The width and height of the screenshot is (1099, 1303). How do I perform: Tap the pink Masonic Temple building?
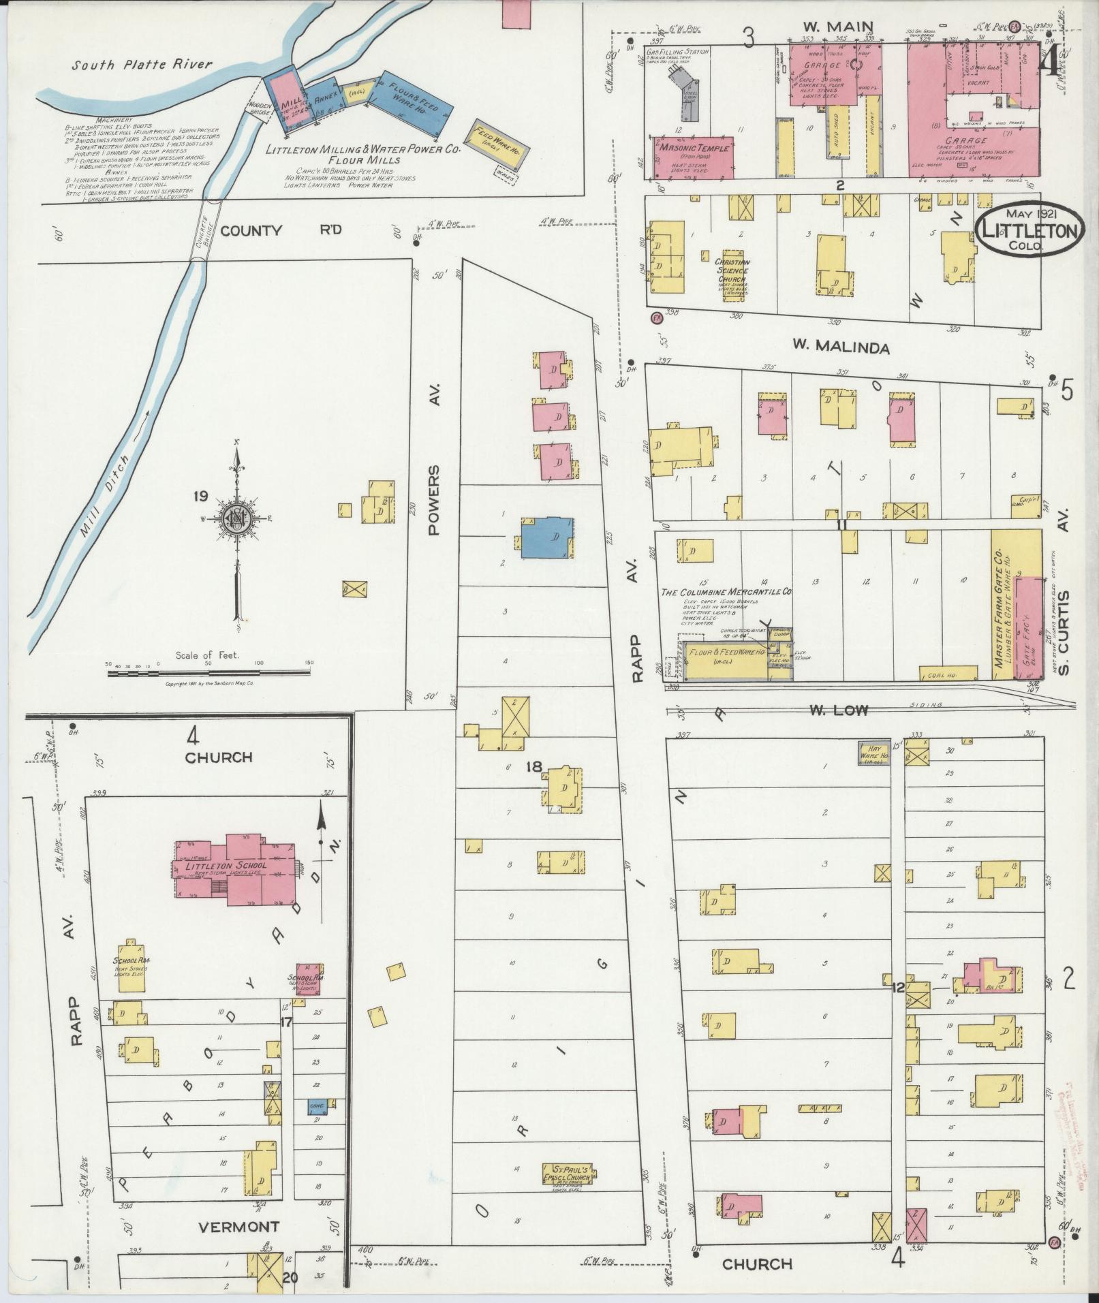pos(694,157)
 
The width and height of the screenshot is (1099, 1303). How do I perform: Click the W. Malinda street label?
pos(840,347)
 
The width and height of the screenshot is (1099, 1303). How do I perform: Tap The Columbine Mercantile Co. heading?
pos(726,592)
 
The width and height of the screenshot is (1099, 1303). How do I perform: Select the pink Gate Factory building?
pos(1028,627)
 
